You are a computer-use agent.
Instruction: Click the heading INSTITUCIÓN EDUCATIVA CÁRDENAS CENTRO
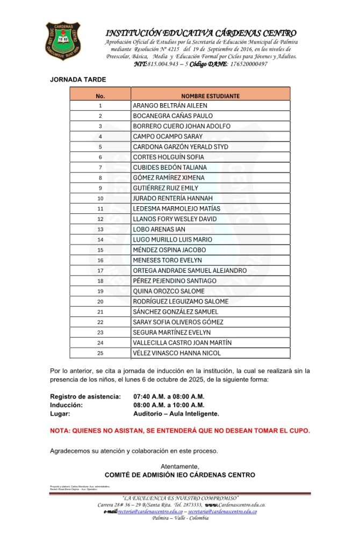(201, 33)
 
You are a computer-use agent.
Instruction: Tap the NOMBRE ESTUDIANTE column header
(210, 96)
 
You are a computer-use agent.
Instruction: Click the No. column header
(100, 96)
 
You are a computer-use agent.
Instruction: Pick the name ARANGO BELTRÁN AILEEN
(169, 106)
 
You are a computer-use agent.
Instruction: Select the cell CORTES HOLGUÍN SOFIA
(168, 157)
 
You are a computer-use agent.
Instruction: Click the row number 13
(100, 229)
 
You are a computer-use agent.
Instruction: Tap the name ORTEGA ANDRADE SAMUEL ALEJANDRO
(190, 270)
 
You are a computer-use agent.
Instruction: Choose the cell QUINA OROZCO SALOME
(168, 291)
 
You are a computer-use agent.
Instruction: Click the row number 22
(100, 322)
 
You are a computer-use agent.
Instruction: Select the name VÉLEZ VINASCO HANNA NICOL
(176, 353)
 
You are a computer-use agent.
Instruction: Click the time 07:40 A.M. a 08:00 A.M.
(169, 396)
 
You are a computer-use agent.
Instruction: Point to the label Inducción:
(66, 405)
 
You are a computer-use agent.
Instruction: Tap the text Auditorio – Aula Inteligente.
(176, 414)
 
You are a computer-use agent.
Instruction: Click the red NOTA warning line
(179, 431)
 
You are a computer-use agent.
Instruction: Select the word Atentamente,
(179, 466)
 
